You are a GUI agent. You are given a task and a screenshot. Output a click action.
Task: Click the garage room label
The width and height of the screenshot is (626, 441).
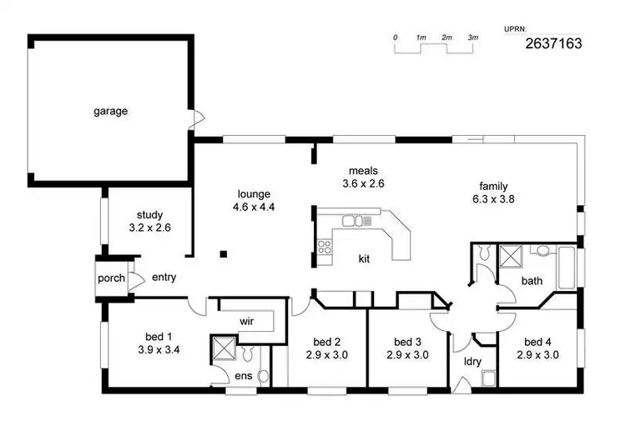click(x=110, y=111)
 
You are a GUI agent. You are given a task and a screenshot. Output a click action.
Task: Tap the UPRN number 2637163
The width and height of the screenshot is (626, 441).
click(x=553, y=43)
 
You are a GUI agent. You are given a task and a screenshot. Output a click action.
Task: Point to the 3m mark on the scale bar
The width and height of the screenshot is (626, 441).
click(x=472, y=38)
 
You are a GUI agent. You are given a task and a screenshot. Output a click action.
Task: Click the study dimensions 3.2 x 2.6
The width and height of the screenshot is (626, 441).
click(x=150, y=227)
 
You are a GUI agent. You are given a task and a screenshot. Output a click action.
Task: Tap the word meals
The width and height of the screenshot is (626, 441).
click(x=364, y=171)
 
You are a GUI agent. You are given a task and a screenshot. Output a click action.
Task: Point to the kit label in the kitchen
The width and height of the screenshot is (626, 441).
click(x=364, y=258)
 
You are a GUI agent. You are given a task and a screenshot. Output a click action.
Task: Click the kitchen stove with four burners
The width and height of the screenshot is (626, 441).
click(x=325, y=246)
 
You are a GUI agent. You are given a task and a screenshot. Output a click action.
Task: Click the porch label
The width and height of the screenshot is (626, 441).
click(x=111, y=278)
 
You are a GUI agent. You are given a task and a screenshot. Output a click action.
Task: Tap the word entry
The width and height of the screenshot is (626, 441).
click(x=164, y=278)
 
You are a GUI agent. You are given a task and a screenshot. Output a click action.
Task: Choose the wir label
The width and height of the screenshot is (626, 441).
click(x=246, y=320)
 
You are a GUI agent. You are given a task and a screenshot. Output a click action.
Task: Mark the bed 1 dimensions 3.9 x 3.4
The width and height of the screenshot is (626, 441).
click(x=158, y=351)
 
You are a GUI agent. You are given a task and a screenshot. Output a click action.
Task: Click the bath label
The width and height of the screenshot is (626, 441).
click(x=532, y=281)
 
